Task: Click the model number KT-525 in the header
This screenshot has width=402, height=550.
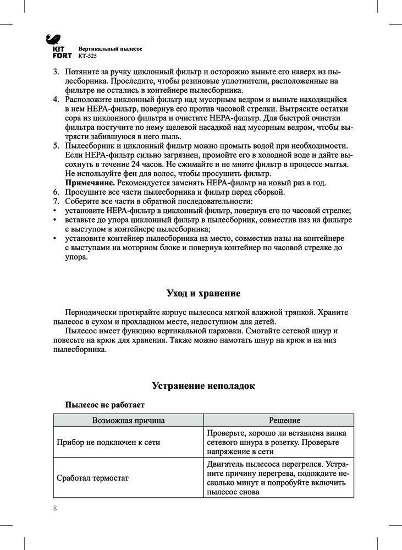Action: [87, 56]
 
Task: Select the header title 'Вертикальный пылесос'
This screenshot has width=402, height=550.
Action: [110, 48]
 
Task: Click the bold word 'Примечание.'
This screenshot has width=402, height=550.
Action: [87, 183]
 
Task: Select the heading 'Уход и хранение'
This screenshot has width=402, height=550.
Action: [203, 293]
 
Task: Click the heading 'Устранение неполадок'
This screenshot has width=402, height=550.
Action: [203, 386]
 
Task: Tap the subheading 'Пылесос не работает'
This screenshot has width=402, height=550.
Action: [105, 405]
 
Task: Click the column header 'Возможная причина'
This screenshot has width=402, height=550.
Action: [129, 420]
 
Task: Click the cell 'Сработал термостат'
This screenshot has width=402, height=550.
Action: [93, 478]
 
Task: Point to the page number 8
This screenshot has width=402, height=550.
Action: [55, 508]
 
